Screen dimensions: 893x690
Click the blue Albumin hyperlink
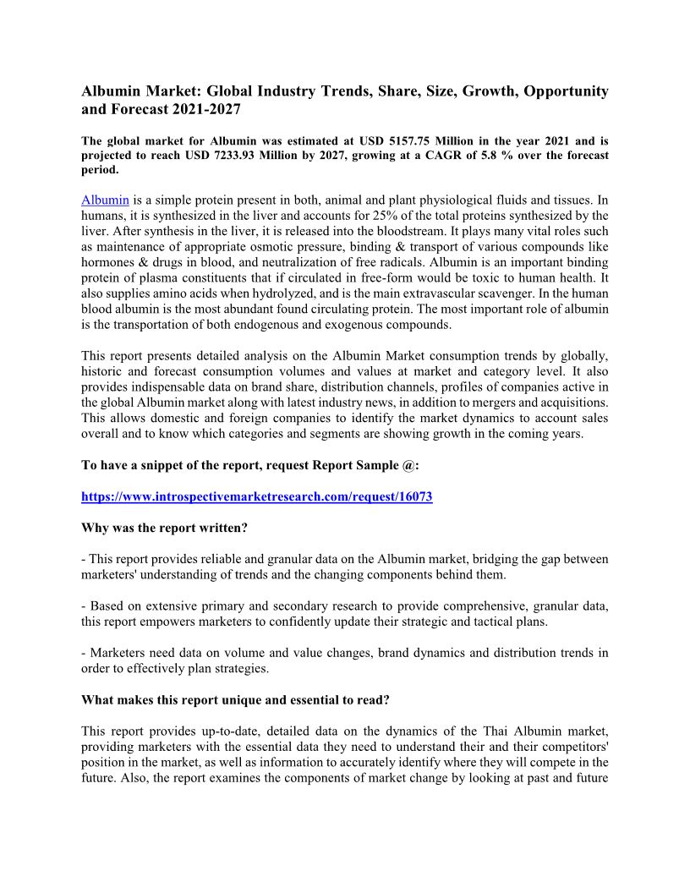click(x=105, y=200)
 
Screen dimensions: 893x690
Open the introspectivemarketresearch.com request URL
click(x=256, y=496)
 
